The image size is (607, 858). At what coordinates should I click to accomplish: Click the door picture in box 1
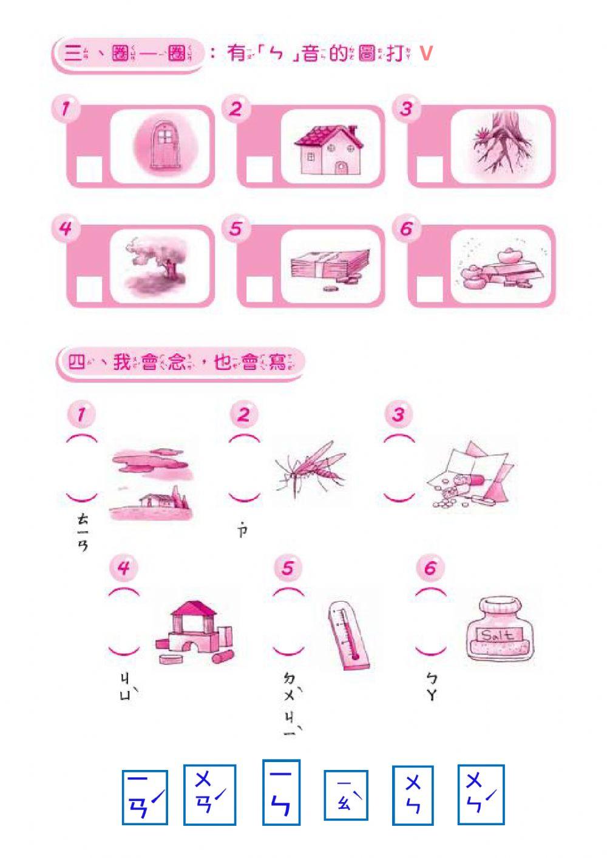[x=161, y=146]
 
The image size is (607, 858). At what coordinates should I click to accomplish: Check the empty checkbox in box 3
[x=430, y=169]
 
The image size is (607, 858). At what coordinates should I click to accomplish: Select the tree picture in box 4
[x=157, y=266]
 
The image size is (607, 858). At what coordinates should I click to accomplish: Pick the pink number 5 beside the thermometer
[x=288, y=568]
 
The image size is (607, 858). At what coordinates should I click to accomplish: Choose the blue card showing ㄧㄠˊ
[x=345, y=795]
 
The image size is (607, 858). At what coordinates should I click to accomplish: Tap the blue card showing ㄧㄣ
[x=281, y=792]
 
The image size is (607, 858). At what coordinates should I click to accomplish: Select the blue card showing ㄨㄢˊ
[x=209, y=794]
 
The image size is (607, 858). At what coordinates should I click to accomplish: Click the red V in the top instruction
[x=426, y=53]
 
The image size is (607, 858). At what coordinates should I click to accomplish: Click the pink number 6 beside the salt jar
[x=430, y=568]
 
